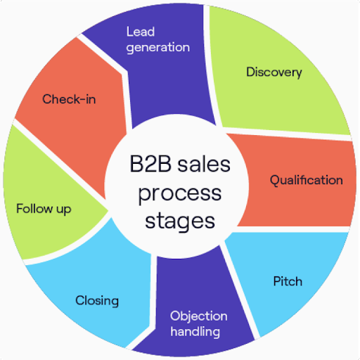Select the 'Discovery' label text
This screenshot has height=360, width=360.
274,72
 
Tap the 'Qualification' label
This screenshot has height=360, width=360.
307,180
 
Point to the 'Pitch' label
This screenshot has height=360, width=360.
287,281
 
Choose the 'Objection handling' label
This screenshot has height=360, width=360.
199,323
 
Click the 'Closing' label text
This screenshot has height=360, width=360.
97,301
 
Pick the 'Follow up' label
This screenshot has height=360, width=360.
44,209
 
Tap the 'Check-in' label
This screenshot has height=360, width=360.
69,99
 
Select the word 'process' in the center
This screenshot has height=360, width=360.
179,193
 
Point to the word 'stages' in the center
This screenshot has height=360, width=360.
179,219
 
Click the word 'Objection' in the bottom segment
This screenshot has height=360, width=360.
199,316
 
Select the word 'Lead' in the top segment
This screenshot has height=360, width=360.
140,32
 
